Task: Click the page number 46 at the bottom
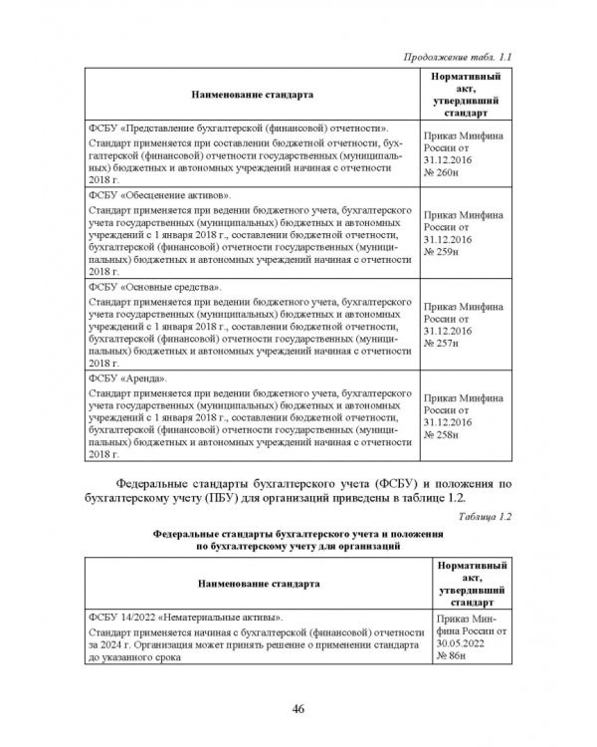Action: tap(298, 708)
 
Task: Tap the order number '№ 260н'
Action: tap(440, 172)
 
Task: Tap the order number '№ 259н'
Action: tap(440, 254)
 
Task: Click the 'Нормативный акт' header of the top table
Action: tap(466, 94)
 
